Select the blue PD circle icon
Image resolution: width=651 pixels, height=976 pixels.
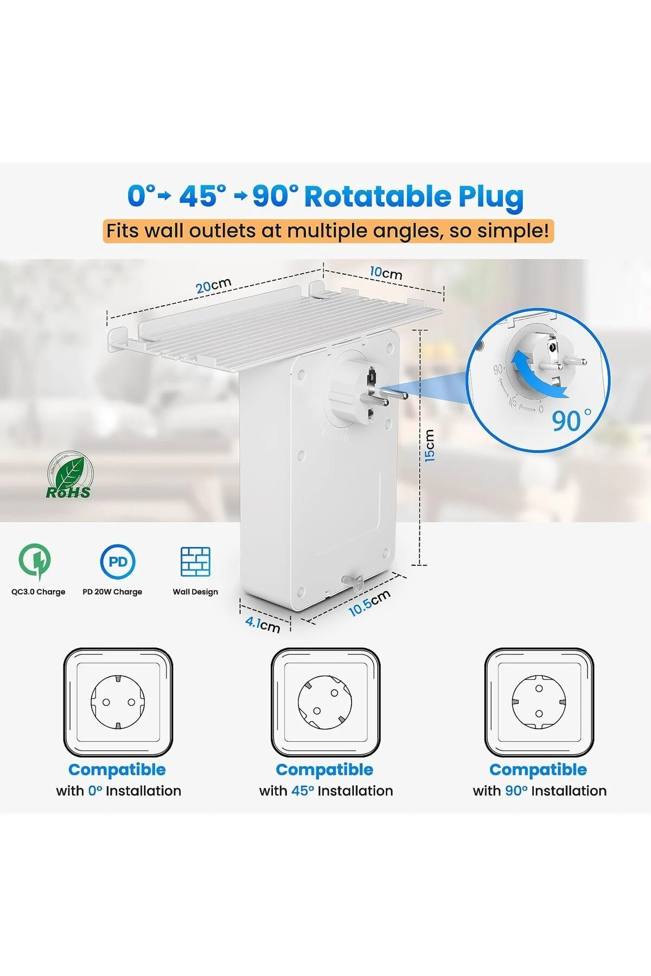click(x=118, y=561)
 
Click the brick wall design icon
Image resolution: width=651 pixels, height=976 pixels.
click(x=195, y=561)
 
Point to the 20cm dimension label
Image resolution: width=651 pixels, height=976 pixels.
click(x=214, y=285)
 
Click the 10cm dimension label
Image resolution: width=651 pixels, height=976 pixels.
click(x=386, y=272)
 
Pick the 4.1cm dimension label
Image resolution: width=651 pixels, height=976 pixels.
click(x=263, y=624)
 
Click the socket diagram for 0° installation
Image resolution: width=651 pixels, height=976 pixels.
click(x=118, y=702)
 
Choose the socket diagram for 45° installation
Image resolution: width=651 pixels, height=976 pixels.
click(x=325, y=702)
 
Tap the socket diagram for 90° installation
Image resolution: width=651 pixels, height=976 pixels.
click(x=539, y=702)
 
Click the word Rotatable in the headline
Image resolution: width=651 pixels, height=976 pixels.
click(x=378, y=196)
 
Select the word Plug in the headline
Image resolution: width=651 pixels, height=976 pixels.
click(x=490, y=197)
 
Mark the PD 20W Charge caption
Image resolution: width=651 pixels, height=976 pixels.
click(x=112, y=592)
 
